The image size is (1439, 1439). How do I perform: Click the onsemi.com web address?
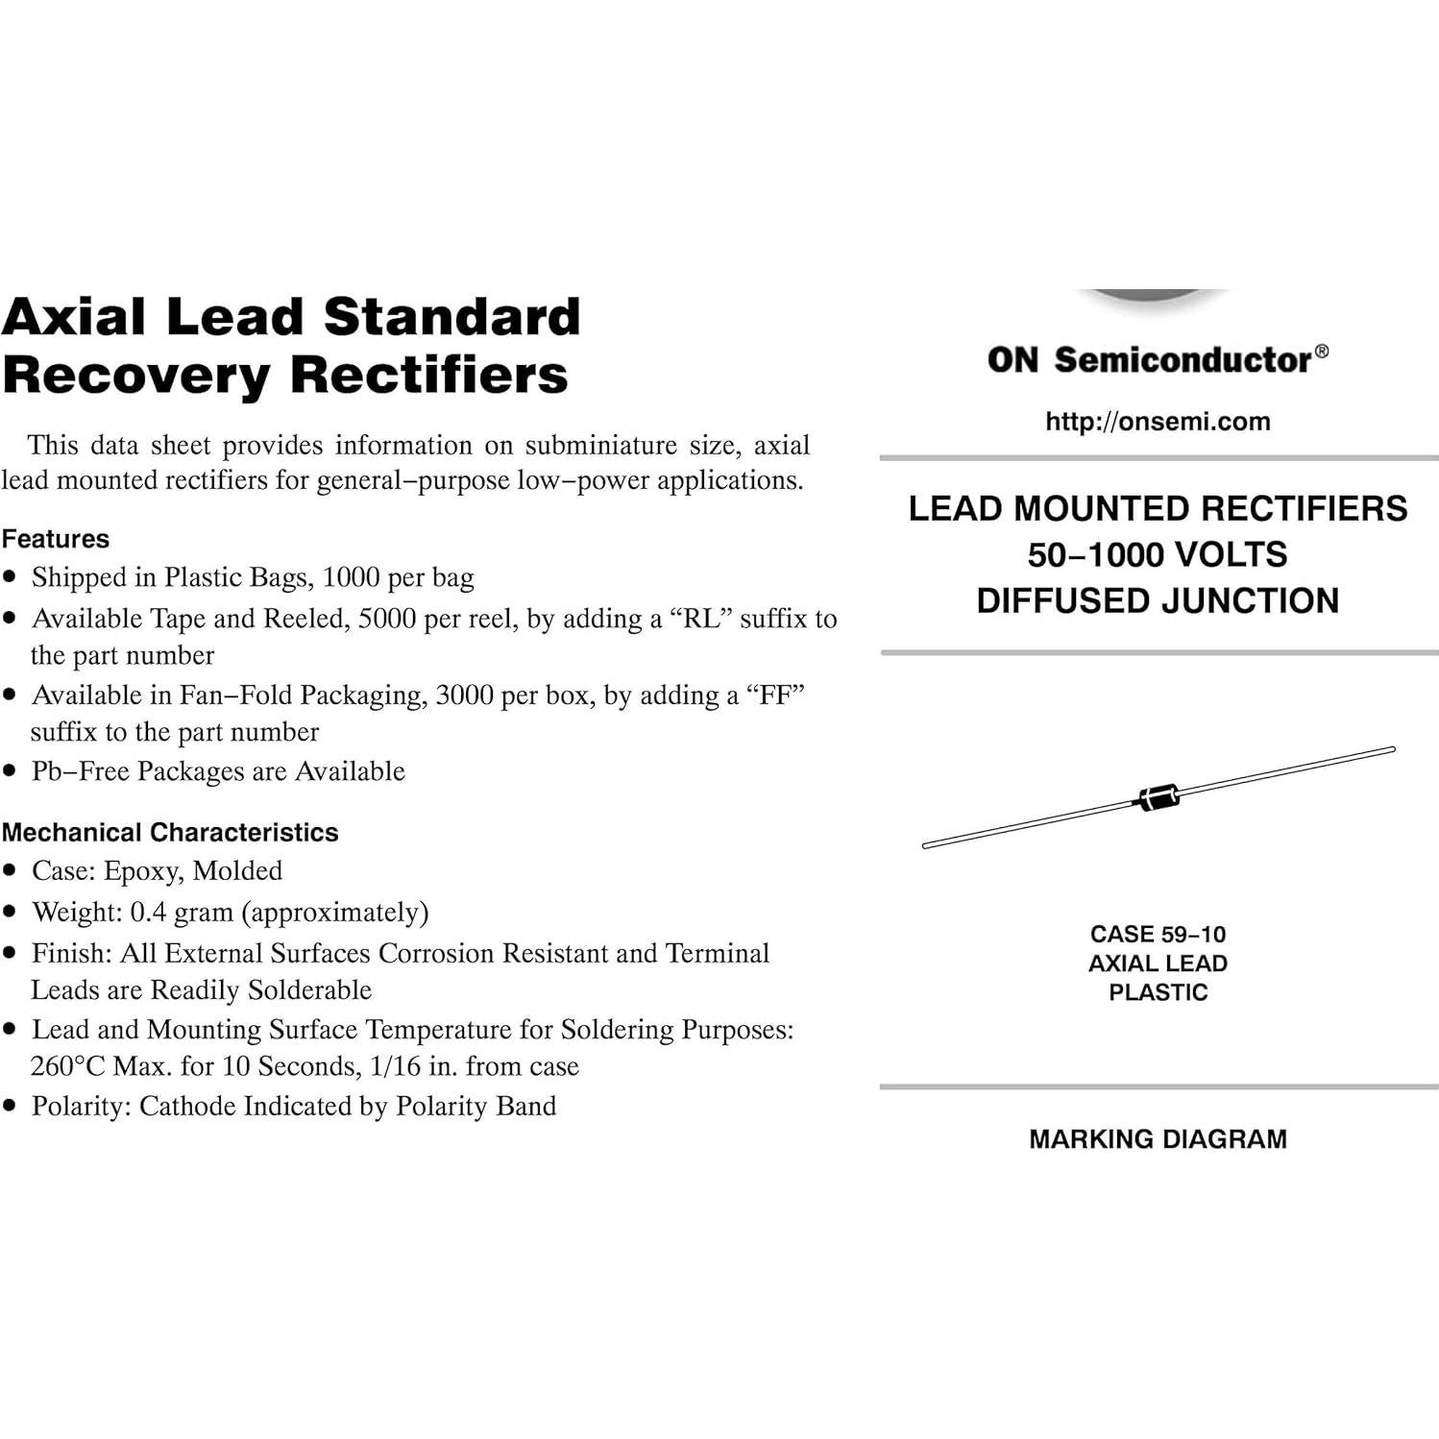(1158, 422)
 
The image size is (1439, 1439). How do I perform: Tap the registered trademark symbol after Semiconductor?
(1322, 352)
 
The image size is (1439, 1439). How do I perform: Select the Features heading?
(56, 539)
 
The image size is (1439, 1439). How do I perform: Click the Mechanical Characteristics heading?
(170, 832)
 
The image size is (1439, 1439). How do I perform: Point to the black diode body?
(1159, 797)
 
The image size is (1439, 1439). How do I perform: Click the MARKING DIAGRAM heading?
(1158, 1139)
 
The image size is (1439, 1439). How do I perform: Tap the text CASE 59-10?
(1158, 934)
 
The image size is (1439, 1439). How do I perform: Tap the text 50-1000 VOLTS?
(1158, 554)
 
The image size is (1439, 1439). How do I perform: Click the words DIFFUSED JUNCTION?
(1158, 600)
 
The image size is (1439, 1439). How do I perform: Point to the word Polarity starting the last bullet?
(79, 1106)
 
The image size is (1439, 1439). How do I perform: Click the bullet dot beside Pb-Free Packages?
(11, 770)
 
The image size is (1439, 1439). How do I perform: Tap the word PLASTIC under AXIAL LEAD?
(1158, 992)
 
